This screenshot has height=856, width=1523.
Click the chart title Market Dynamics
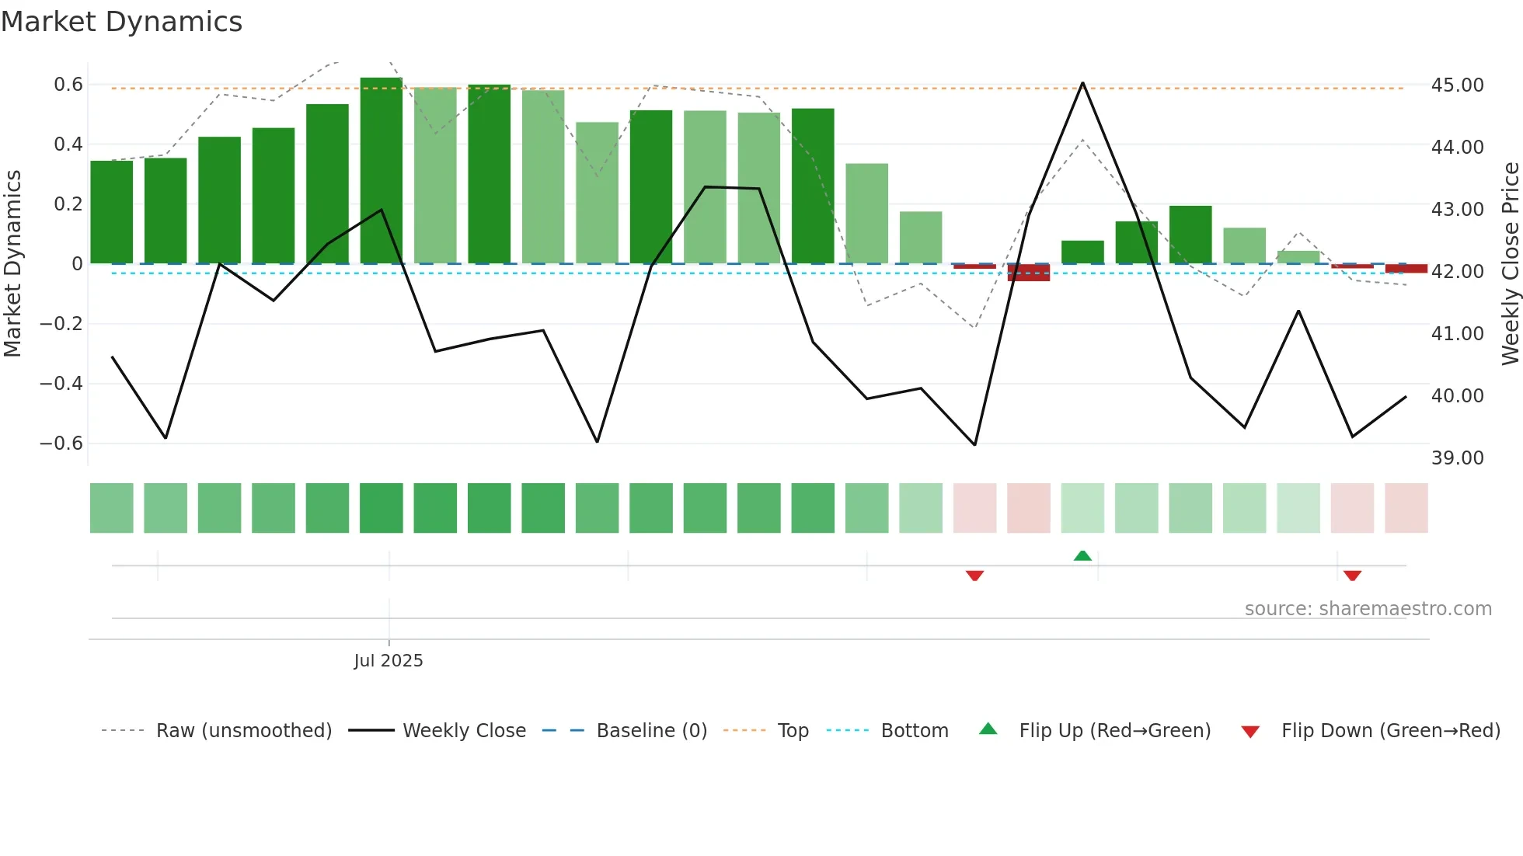[x=121, y=22]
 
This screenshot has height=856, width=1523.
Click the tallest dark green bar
[x=382, y=171]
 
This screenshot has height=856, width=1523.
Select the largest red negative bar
[x=1029, y=272]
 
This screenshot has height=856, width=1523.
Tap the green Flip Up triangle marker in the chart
[x=1082, y=555]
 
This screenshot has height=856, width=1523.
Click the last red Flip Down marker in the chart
[x=1352, y=576]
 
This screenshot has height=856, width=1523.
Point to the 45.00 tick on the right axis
[x=1457, y=85]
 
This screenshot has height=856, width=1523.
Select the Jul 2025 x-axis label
[x=389, y=661]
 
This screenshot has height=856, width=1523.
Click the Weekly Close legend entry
[x=464, y=731]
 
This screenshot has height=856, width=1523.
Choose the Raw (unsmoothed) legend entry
[x=243, y=731]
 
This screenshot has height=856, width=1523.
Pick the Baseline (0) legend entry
[x=651, y=731]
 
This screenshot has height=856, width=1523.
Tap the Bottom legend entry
[x=914, y=731]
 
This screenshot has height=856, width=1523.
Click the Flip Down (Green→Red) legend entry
[x=1390, y=731]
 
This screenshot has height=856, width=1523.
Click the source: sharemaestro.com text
[x=1368, y=609]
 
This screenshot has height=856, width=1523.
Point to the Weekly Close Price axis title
[x=1510, y=264]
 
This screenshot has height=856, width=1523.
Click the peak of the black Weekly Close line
[x=1082, y=83]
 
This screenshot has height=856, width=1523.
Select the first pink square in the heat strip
[x=974, y=508]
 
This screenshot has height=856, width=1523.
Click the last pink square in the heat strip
[x=1406, y=508]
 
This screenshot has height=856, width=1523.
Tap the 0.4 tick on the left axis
[x=68, y=144]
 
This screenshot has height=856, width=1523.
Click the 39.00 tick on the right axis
[x=1457, y=458]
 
